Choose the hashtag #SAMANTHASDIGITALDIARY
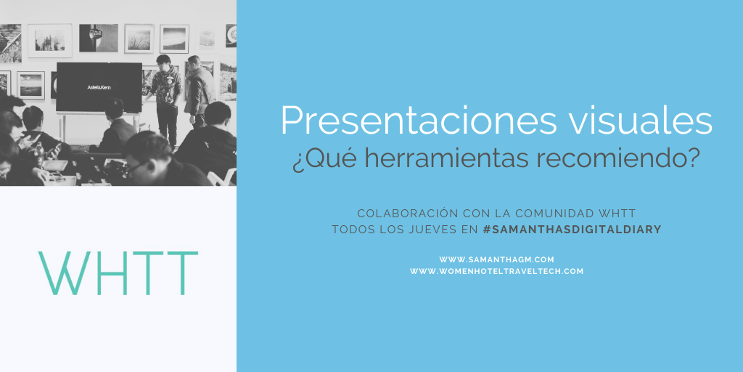point(572,230)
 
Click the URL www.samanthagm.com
point(496,259)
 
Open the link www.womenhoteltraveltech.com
point(496,272)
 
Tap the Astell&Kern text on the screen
point(99,87)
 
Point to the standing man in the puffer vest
point(199,95)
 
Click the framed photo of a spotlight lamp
point(99,38)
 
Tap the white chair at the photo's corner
point(222,178)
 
